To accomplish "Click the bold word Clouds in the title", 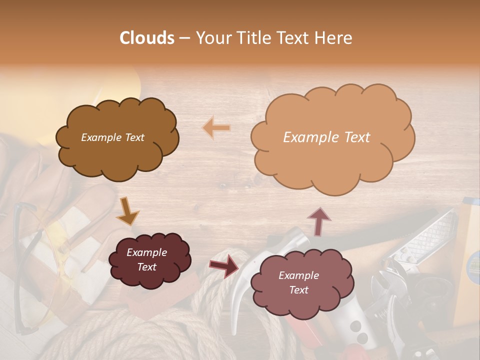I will click(x=147, y=38).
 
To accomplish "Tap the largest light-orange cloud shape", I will click(x=332, y=160).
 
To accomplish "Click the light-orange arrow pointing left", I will click(x=216, y=128).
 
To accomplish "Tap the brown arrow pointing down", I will click(x=127, y=211).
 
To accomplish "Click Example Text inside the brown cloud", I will click(x=112, y=137).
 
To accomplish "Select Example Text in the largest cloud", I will click(x=326, y=137).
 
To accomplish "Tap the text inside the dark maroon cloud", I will click(x=146, y=260).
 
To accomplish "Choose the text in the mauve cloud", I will click(x=298, y=282).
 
